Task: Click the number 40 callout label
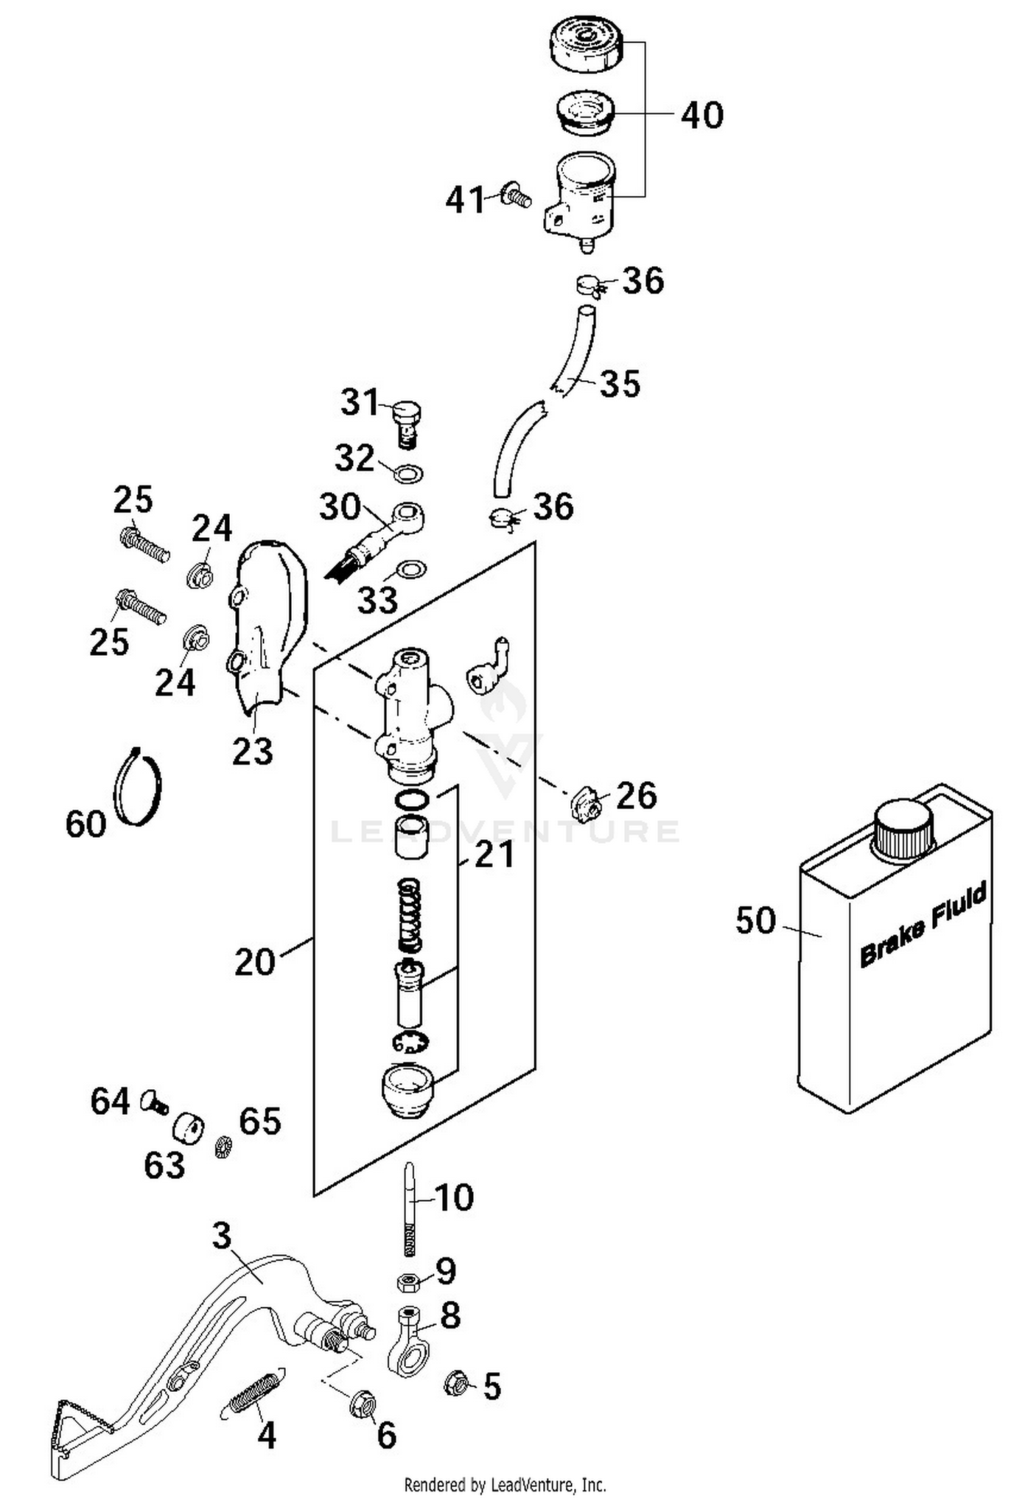pos(702,115)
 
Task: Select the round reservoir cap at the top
pos(584,42)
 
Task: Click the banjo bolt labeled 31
pos(406,421)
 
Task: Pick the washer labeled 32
pos(409,472)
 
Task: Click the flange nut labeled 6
pos(363,1403)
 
